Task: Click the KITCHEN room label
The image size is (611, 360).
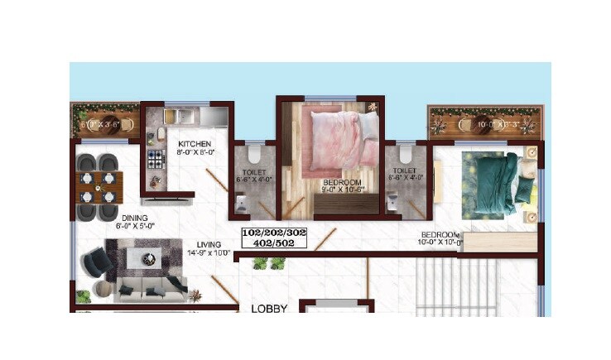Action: tap(195, 143)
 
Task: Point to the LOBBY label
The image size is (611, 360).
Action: tap(269, 309)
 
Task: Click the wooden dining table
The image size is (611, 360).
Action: tap(99, 187)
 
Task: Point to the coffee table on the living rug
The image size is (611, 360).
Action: tap(150, 257)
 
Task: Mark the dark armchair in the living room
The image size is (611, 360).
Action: tap(96, 265)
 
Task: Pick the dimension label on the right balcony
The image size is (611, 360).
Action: tap(484, 125)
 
